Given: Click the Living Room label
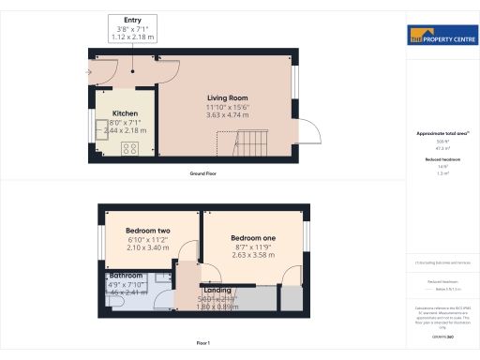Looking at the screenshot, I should [x=227, y=97].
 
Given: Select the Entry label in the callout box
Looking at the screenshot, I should [x=132, y=20].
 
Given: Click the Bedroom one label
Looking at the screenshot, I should [x=254, y=238].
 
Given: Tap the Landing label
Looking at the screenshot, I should [x=217, y=291].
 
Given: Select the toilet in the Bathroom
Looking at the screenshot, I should [x=164, y=277].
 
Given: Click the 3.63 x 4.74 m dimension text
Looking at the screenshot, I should [x=227, y=114].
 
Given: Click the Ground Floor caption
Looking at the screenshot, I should [x=203, y=174].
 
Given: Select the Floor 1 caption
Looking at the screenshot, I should [x=203, y=344].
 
